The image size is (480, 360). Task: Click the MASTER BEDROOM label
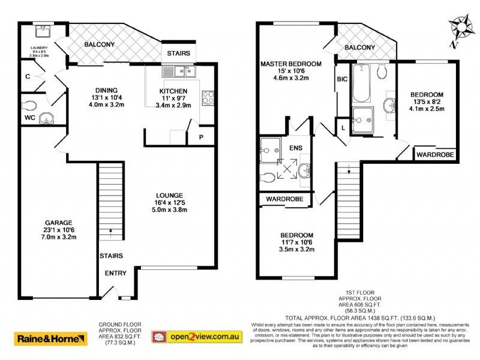coord(290,64)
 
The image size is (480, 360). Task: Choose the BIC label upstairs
coord(343,79)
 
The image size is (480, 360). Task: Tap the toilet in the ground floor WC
coord(29,105)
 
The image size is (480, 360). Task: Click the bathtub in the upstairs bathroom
coord(361,84)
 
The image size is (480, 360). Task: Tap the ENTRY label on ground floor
coord(116,274)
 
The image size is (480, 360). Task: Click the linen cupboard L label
coord(343,128)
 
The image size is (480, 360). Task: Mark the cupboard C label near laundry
coord(28,76)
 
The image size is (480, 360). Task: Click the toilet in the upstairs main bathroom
coord(382,72)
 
